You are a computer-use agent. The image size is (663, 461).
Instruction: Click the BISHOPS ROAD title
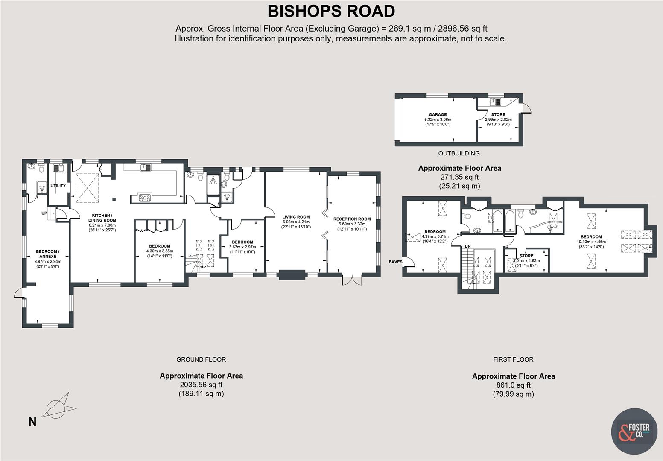[331, 11]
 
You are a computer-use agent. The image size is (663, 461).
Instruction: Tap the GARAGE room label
[438, 114]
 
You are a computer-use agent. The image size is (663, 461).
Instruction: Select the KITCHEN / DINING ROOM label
[102, 218]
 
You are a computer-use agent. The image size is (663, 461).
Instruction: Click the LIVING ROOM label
[296, 217]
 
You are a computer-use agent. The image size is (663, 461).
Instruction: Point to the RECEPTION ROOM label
[352, 219]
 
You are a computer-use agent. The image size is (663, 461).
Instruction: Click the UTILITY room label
[58, 186]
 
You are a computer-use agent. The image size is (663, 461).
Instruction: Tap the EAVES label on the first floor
[395, 262]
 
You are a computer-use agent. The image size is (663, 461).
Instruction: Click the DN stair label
[467, 246]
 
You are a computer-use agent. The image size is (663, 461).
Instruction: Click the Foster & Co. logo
[634, 431]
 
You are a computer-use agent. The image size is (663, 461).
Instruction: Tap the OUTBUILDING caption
[459, 153]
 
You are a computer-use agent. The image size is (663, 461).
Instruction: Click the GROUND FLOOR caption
[201, 359]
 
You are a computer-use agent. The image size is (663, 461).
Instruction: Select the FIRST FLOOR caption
[513, 359]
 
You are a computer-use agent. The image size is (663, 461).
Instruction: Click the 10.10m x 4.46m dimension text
[591, 242]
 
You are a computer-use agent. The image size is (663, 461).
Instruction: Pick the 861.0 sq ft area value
[513, 385]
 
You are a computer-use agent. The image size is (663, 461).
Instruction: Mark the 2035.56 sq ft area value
[201, 385]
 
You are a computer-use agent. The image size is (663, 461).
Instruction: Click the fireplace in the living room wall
[292, 274]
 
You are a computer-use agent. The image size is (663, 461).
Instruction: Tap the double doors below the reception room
[352, 280]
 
